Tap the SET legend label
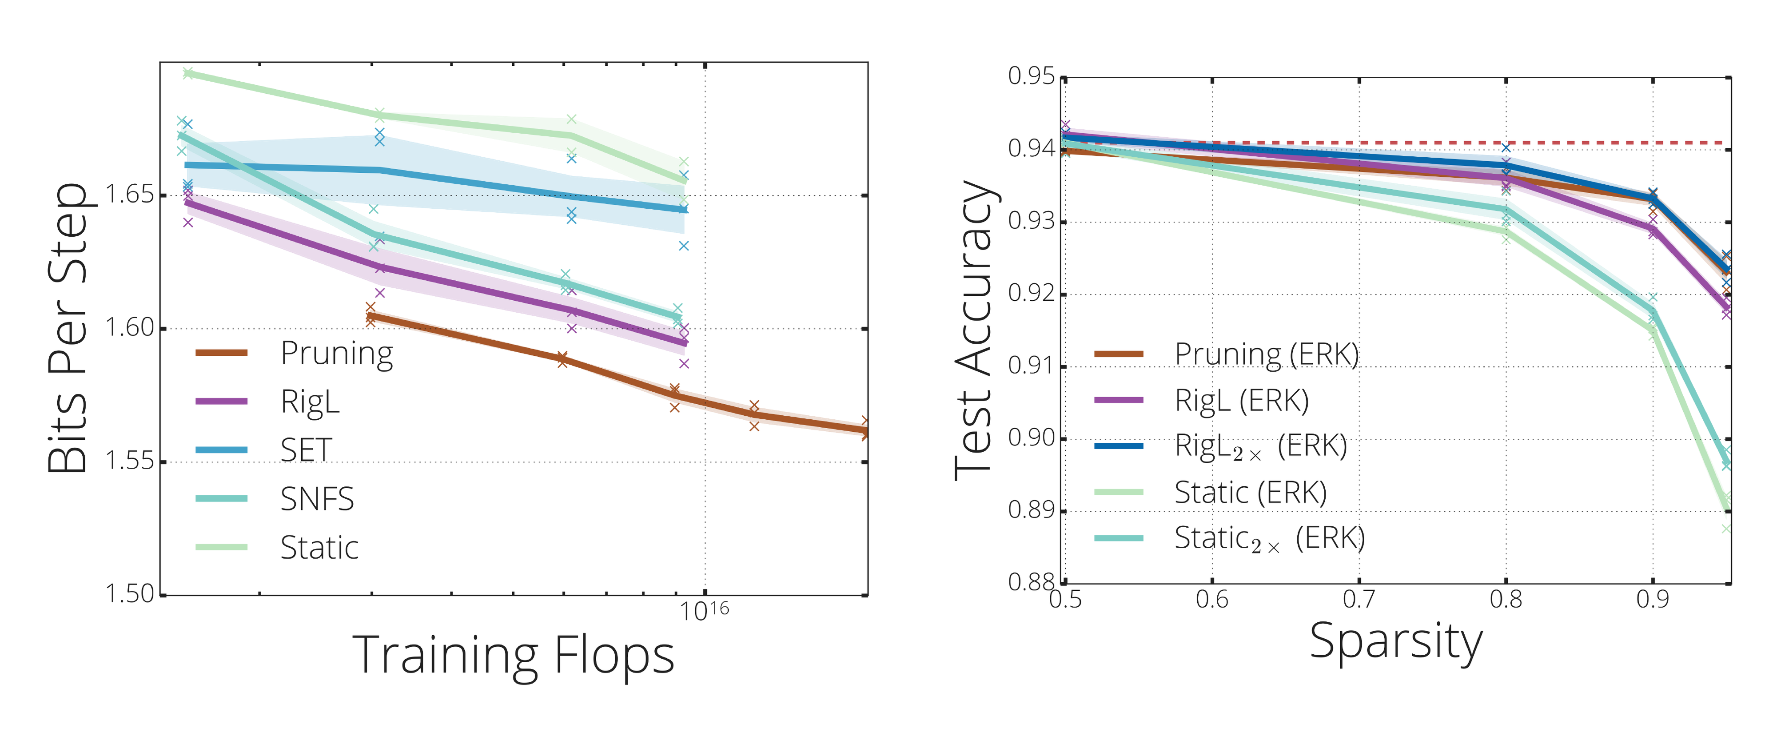point(306,450)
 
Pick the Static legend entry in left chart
point(319,548)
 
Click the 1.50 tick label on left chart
point(129,593)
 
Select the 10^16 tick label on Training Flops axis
point(704,611)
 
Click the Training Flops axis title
point(513,656)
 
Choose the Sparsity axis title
point(1395,642)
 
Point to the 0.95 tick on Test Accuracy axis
point(1032,76)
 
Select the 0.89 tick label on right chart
point(1032,510)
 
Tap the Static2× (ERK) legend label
point(1269,538)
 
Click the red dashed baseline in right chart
point(1586,143)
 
